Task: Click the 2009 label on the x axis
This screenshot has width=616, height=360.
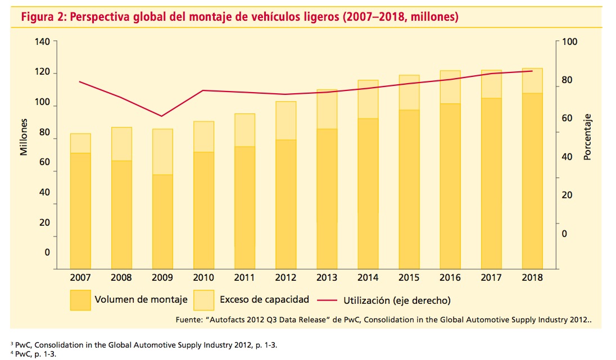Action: click(x=162, y=278)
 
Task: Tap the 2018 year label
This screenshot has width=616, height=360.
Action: click(x=532, y=278)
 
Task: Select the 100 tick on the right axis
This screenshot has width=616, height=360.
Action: click(x=569, y=42)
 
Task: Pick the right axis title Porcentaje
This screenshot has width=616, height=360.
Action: click(x=588, y=136)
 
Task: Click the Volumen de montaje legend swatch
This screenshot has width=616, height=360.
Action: click(x=80, y=300)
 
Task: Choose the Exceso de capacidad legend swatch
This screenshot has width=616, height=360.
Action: click(x=203, y=300)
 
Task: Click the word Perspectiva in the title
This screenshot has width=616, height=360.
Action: click(x=101, y=17)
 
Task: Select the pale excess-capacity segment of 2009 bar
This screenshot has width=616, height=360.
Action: click(x=162, y=152)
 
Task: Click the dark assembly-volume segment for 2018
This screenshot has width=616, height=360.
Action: click(x=532, y=180)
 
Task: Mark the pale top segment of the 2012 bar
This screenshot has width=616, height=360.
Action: click(x=286, y=120)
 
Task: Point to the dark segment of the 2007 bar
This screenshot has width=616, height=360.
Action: click(x=80, y=211)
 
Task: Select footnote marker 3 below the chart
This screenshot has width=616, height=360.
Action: click(x=12, y=343)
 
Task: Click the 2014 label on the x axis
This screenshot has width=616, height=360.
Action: click(x=368, y=278)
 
